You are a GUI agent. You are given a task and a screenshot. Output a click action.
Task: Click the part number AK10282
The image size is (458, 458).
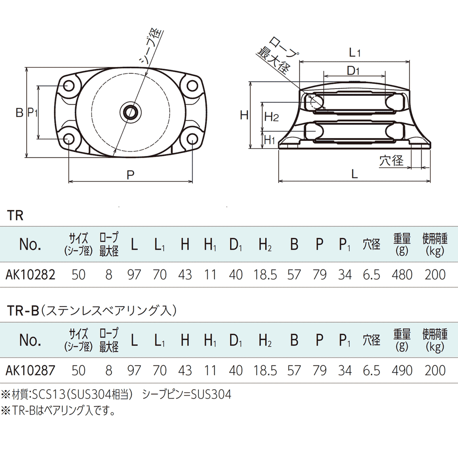[30, 275]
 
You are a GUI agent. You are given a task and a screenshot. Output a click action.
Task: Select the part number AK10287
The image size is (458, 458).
[30, 371]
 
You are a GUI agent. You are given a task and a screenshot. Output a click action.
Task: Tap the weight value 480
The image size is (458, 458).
[402, 275]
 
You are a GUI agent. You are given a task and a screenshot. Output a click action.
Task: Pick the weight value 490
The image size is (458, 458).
[402, 371]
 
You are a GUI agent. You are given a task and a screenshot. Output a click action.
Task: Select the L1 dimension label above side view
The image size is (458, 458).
[355, 53]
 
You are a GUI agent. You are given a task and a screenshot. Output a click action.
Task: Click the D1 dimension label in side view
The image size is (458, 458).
[353, 71]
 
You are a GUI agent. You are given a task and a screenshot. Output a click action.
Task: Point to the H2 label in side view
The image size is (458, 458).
[271, 117]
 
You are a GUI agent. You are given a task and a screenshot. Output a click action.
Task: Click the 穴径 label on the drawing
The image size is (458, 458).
[391, 160]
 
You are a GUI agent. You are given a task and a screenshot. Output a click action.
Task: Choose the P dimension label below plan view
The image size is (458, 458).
[131, 174]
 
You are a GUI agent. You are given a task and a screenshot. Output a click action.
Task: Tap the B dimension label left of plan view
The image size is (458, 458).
[19, 112]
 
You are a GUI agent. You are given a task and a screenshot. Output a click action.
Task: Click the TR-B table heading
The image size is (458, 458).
[24, 311]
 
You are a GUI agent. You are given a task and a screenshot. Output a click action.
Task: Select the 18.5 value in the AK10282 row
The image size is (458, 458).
[265, 275]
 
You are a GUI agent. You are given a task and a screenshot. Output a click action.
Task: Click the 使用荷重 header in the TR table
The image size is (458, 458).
[434, 245]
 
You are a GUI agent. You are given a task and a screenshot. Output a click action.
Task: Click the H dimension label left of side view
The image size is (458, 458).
[244, 115]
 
